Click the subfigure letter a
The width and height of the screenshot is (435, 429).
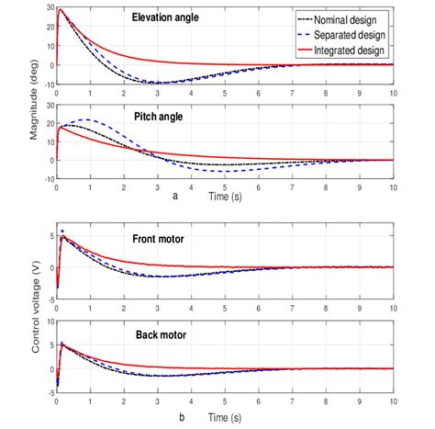[175, 196]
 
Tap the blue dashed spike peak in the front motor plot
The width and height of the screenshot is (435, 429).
[61, 231]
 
